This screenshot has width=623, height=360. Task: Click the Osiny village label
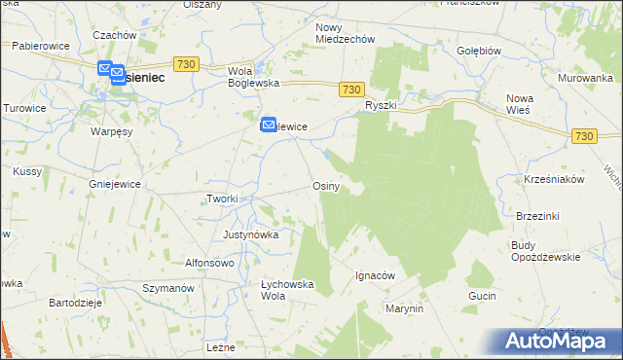pyautogui.click(x=325, y=186)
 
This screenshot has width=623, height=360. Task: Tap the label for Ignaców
pyautogui.click(x=375, y=275)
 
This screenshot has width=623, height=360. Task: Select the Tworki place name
pyautogui.click(x=222, y=198)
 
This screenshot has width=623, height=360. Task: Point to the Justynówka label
pyautogui.click(x=251, y=234)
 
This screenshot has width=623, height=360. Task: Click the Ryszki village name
pyautogui.click(x=381, y=104)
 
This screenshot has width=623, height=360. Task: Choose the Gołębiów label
pyautogui.click(x=479, y=50)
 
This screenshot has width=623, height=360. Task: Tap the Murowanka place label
pyautogui.click(x=585, y=77)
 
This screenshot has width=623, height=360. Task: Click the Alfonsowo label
pyautogui.click(x=210, y=263)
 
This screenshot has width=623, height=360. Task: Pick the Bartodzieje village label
pyautogui.click(x=76, y=303)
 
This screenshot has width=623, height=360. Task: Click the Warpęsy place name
pyautogui.click(x=112, y=130)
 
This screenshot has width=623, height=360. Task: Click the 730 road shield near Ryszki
pyautogui.click(x=353, y=90)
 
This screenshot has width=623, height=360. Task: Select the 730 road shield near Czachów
pyautogui.click(x=188, y=63)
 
